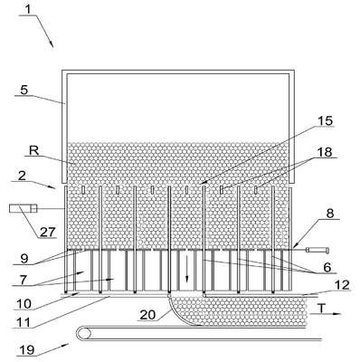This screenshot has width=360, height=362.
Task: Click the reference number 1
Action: point(28,9)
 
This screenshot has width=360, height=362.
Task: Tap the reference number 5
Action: point(24,90)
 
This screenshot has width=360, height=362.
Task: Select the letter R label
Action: point(33,150)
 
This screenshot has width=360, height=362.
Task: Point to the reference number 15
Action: point(325,120)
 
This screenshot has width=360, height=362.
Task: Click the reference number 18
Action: point(325,152)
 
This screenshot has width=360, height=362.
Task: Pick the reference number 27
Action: point(47,232)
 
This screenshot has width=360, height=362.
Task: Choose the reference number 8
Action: point(330,214)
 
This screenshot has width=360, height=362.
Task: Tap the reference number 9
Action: point(24,259)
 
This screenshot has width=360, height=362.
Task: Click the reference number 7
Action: point(24,280)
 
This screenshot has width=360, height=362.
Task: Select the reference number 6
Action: point(327,267)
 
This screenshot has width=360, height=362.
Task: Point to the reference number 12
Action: point(342,285)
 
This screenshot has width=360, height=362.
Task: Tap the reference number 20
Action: point(147,315)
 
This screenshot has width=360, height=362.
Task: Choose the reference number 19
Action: point(27,350)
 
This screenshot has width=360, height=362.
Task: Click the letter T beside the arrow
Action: point(322,309)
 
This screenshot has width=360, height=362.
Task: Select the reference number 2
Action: point(22,176)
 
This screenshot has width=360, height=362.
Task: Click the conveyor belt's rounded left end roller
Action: point(83,333)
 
